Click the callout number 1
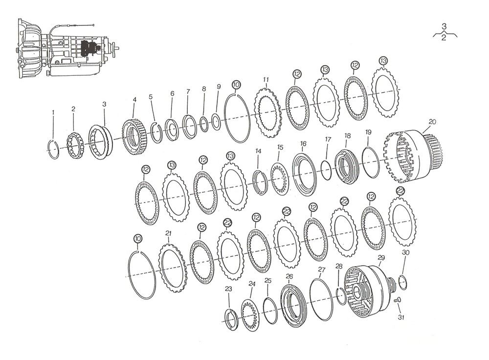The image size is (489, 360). [53, 112]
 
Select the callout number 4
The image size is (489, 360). [135, 99]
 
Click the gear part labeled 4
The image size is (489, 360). [134, 137]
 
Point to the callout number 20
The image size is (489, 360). [432, 122]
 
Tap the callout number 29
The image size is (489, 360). [381, 258]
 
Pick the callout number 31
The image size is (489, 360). [401, 317]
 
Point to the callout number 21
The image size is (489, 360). [168, 233]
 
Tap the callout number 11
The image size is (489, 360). [266, 80]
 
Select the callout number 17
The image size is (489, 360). [328, 139]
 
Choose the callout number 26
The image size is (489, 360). [289, 276]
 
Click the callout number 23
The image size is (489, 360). [228, 289]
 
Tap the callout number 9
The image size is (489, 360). [219, 87]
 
